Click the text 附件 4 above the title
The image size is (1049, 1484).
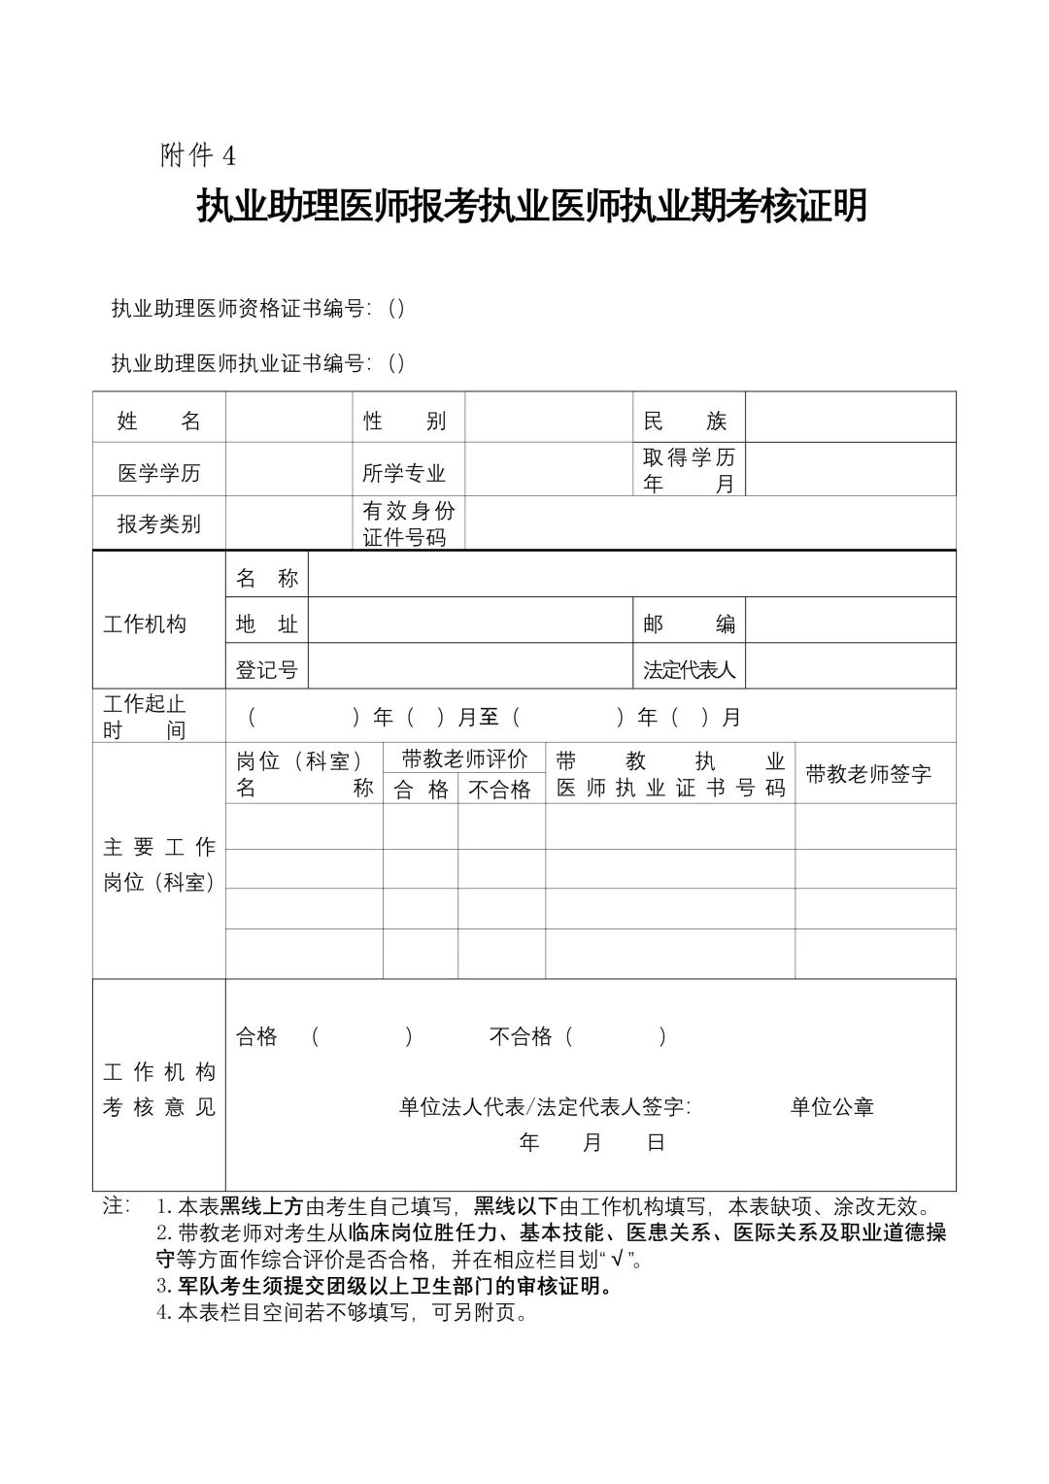coord(198,155)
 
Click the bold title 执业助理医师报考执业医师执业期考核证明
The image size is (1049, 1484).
coord(531,206)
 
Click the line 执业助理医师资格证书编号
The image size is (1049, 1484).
coord(257,309)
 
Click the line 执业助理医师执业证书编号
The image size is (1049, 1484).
coord(257,363)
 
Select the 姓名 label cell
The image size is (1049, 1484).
coord(158,421)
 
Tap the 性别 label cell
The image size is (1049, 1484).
coord(405,421)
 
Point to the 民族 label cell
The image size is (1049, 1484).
coord(686,421)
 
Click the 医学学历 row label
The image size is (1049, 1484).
coord(158,473)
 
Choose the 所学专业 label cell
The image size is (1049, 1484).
coord(405,473)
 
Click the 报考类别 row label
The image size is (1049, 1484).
coord(158,524)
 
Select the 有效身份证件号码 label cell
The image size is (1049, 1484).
coord(408,524)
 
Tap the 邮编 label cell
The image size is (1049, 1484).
coord(688,624)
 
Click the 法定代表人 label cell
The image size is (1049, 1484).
coord(688,670)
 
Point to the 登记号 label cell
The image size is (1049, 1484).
coord(266,670)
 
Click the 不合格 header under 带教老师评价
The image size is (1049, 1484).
coord(500,790)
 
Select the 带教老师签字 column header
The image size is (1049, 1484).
coord(868,774)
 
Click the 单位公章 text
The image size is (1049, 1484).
coord(831,1107)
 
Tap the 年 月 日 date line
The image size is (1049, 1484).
coord(592,1143)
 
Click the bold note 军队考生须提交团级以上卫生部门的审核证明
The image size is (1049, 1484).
coord(394,1287)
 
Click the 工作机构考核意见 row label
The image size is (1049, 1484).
coord(158,1090)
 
